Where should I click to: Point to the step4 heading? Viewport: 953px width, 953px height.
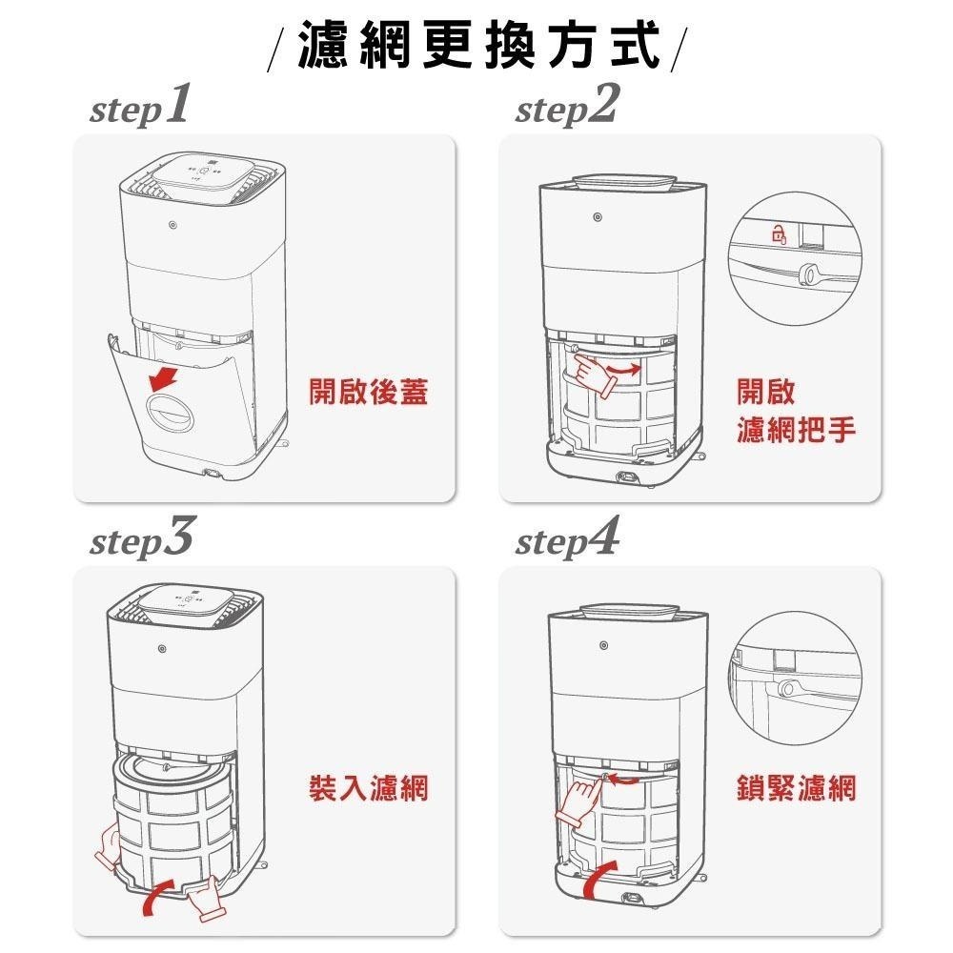click(x=566, y=541)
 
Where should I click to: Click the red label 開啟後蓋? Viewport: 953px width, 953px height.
click(x=368, y=392)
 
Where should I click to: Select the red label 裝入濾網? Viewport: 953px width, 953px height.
click(x=368, y=788)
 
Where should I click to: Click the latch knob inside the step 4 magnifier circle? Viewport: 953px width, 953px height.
click(x=786, y=687)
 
